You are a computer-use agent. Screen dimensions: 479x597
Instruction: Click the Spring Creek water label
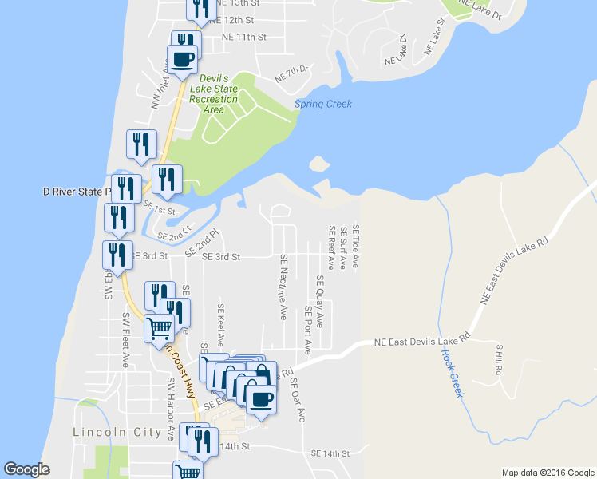(322, 105)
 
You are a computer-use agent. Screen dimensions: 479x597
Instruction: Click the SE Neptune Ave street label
(283, 287)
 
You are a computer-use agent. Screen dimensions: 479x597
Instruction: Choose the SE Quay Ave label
(320, 301)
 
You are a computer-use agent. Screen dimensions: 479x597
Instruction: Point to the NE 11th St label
(243, 37)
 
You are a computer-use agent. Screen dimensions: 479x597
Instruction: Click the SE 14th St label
(330, 453)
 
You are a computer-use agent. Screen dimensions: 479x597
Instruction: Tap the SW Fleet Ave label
(125, 339)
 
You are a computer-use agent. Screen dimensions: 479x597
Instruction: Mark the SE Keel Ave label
(221, 323)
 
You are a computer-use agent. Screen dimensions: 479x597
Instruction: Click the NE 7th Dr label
(291, 74)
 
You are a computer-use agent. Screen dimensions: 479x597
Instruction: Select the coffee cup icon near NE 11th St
(183, 59)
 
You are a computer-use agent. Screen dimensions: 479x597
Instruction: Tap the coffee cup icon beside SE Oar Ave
(260, 398)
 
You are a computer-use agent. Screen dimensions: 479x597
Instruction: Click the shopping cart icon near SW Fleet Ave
(160, 327)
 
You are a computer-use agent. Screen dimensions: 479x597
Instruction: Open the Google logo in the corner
(26, 469)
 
